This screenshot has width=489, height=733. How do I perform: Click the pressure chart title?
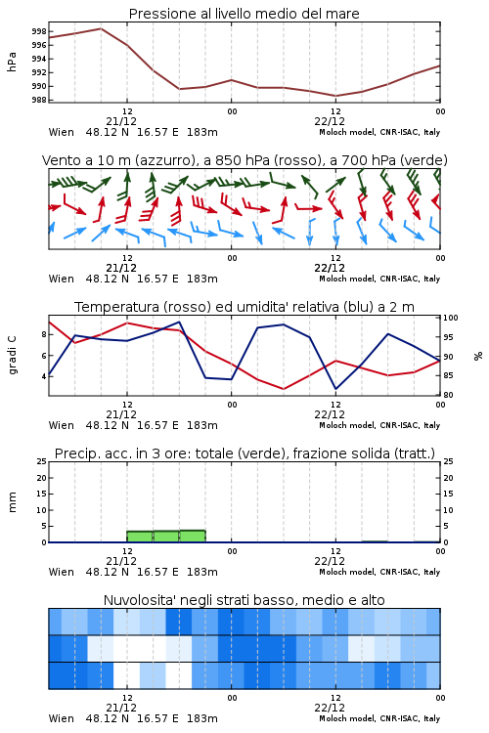point(244,14)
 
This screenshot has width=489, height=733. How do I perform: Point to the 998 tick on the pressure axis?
point(39,31)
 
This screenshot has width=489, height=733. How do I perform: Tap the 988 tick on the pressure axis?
point(39,100)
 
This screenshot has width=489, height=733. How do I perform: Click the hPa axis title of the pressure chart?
point(12,62)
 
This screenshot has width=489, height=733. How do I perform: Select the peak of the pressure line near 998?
point(101,28)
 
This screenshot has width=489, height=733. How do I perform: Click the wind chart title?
point(244,160)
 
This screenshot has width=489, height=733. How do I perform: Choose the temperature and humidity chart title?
point(244,307)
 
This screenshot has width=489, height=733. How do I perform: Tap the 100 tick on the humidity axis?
point(451,318)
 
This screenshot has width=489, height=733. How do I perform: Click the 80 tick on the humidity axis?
point(448,395)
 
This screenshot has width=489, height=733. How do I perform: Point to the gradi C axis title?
point(12,355)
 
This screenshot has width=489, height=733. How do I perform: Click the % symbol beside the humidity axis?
point(478,356)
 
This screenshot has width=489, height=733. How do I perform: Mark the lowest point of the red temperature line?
point(283,389)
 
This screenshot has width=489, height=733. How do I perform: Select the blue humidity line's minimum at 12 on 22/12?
point(336,389)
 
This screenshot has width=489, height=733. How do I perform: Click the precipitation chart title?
point(244,453)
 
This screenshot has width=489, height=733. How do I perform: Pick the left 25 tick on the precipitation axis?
point(42,461)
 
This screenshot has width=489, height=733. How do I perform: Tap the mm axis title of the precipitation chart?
point(12,502)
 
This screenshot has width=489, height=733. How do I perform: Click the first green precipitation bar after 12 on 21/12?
point(140,537)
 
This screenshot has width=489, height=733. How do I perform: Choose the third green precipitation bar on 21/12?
point(193,537)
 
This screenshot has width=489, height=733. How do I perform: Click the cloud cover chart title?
point(244,600)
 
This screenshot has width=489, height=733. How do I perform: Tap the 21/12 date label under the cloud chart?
point(121,708)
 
